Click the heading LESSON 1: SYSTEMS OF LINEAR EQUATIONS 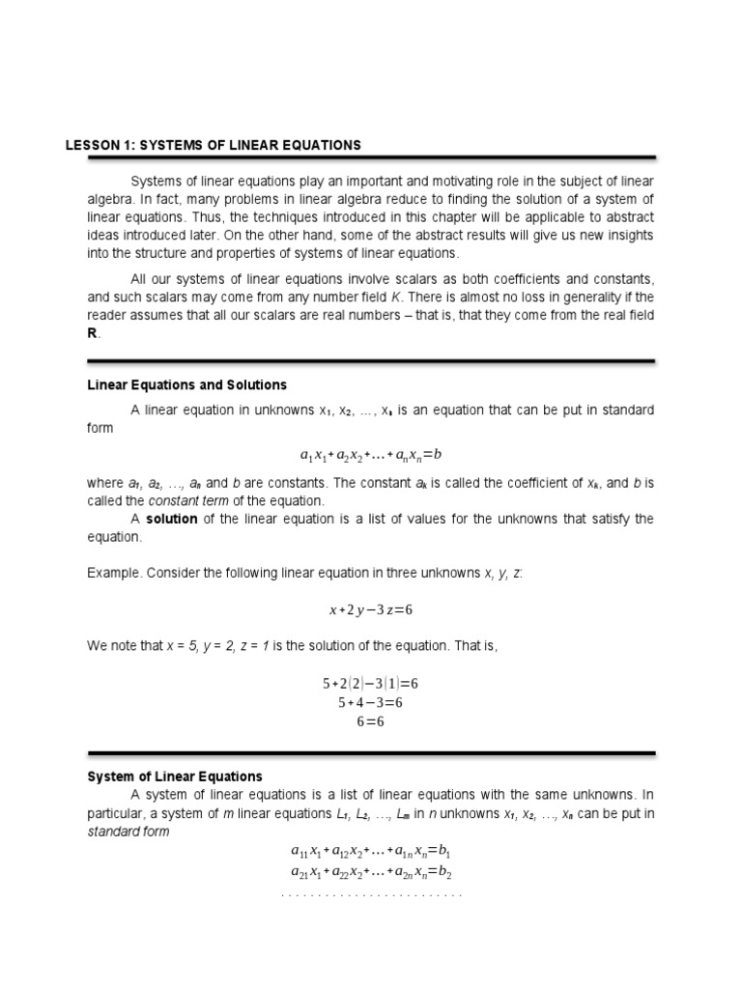[x=213, y=145]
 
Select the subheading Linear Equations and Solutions [x=186, y=385]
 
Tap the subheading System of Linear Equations [x=175, y=777]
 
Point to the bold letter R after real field [x=93, y=333]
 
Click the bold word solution [x=172, y=519]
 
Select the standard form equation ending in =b [x=371, y=453]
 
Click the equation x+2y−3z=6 [x=371, y=610]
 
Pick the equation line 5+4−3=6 [x=371, y=702]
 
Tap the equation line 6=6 [x=371, y=721]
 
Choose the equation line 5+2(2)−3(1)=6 [x=371, y=683]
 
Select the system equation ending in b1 [x=371, y=852]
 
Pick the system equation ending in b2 [x=371, y=872]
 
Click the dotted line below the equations [x=371, y=895]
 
